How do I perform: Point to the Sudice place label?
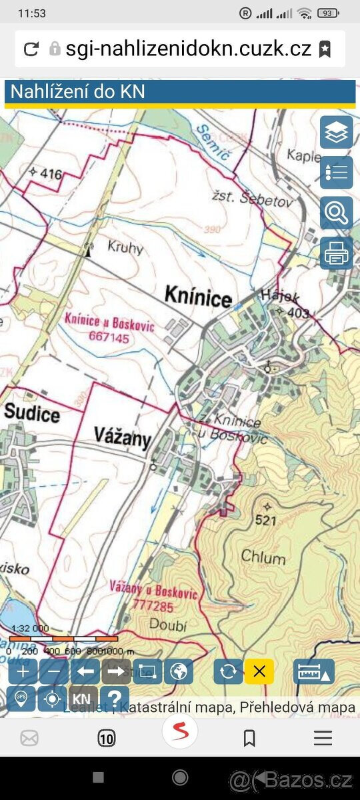click(x=31, y=413)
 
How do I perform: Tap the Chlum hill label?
click(x=263, y=558)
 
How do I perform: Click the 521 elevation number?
click(x=265, y=521)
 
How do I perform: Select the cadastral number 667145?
click(x=109, y=337)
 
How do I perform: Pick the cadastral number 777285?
click(x=153, y=607)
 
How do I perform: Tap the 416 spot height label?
click(x=51, y=175)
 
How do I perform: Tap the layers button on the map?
click(x=336, y=133)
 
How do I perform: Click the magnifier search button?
click(x=336, y=213)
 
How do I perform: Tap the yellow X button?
click(x=259, y=671)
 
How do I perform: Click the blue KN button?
click(x=81, y=699)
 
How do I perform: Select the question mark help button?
click(x=115, y=699)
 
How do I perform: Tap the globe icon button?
click(x=178, y=671)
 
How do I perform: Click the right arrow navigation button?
click(x=115, y=671)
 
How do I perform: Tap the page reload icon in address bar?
click(x=31, y=49)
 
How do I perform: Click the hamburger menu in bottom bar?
click(x=323, y=737)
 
